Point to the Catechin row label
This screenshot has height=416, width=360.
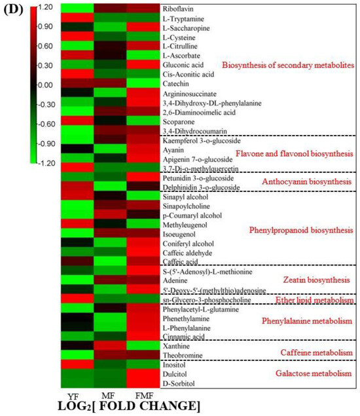pyautogui.click(x=175, y=85)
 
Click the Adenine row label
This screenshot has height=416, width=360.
pyautogui.click(x=175, y=280)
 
